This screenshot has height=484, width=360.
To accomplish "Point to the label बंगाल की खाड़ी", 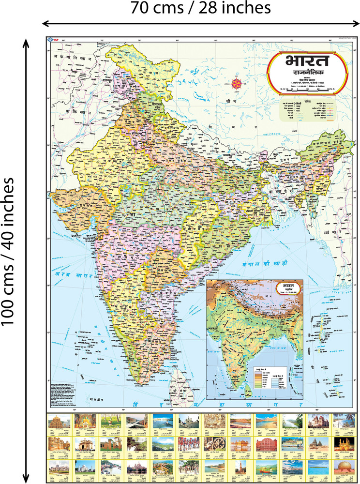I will (264, 264).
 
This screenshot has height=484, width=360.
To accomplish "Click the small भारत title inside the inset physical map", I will (288, 287).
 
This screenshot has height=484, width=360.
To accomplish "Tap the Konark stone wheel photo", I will (212, 446).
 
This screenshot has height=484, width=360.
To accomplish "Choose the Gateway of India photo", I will (83, 446).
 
